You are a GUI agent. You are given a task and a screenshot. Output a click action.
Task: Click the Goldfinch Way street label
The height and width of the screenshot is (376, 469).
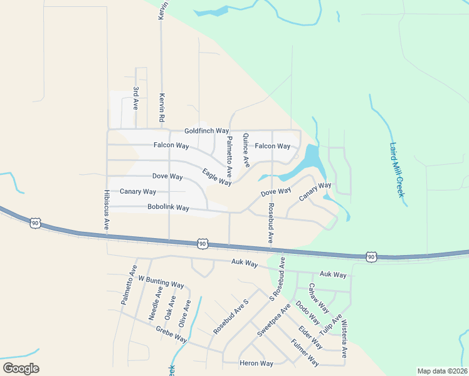point(206,131)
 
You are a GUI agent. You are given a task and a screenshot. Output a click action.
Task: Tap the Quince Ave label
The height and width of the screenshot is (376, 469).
point(246,150)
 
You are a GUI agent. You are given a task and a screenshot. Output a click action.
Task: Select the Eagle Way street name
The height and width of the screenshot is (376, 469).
point(217,177)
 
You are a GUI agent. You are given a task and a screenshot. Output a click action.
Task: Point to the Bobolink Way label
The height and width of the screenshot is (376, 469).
point(168,207)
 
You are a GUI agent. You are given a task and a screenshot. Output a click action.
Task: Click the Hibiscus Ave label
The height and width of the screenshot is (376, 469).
point(107,207)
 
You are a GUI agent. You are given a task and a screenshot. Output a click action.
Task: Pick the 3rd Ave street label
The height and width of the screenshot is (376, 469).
point(135,98)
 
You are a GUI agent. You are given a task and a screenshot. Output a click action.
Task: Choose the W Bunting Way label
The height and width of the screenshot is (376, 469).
point(161,281)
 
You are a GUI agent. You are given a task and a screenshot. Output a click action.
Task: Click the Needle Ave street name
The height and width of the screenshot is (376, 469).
point(155,304)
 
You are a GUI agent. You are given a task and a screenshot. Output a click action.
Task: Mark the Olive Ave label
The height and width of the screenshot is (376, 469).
point(185,313)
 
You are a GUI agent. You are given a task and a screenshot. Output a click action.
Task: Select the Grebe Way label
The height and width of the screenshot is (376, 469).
point(172,335)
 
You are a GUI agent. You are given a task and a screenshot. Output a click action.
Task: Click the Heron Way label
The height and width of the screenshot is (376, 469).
point(256,363)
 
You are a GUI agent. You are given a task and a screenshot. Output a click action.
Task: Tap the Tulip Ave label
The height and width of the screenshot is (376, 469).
point(330,323)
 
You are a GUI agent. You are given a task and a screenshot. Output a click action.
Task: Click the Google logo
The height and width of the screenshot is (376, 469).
point(21,368)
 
